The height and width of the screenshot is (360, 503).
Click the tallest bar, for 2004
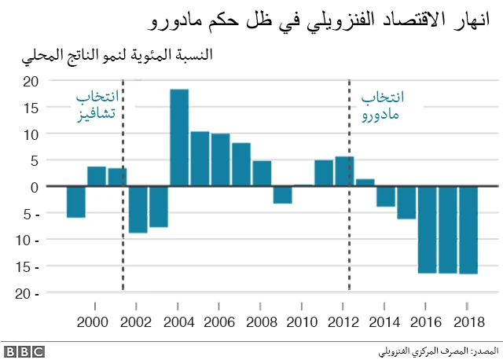(179, 138)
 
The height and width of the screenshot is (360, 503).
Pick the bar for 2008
(262, 173)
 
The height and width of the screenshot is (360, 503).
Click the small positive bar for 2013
(365, 183)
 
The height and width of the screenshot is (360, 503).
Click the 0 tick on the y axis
(34, 187)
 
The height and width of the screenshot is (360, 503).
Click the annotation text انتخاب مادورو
(383, 105)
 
